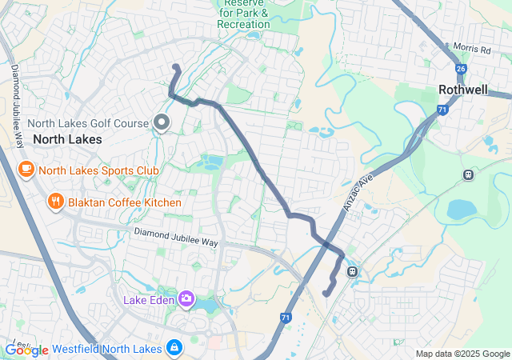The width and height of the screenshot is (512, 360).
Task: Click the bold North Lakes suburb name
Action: pyautogui.click(x=67, y=139)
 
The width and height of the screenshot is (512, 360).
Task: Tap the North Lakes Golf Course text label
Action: pyautogui.click(x=88, y=123)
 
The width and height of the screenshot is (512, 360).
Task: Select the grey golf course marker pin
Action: pyautogui.click(x=162, y=122)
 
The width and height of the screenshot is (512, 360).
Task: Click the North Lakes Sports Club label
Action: pyautogui.click(x=98, y=170)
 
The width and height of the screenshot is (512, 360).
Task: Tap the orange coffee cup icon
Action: pyautogui.click(x=26, y=169)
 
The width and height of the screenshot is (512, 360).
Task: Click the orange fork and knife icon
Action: pyautogui.click(x=55, y=202)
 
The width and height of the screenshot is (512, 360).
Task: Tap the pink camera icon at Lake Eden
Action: pyautogui.click(x=186, y=299)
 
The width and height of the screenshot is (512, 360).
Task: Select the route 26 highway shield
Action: pyautogui.click(x=461, y=70)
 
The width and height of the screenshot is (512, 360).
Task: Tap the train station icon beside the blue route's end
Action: pyautogui.click(x=352, y=270)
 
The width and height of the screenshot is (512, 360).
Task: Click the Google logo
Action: pyautogui.click(x=27, y=350)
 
